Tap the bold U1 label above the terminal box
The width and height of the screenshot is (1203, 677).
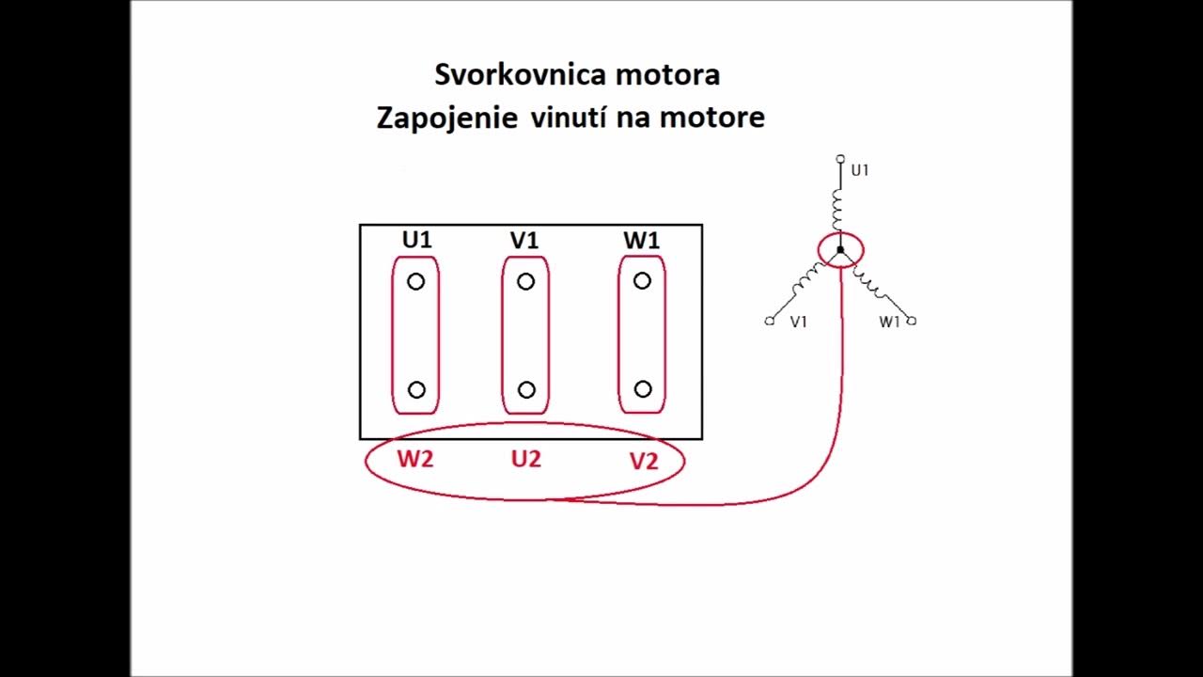pos(416,240)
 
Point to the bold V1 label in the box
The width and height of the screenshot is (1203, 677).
pos(524,241)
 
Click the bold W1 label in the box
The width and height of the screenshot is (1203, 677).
pos(641,241)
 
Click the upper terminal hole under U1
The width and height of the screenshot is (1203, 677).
pos(416,281)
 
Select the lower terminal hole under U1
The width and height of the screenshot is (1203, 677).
pos(416,389)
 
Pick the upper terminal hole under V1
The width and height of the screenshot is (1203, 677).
pos(525,281)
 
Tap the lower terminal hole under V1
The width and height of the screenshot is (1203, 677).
pos(526,389)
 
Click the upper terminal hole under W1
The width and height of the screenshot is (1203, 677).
pos(642,280)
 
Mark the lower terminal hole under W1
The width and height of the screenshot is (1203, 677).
pos(643,388)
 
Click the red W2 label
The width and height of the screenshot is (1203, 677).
pos(415,460)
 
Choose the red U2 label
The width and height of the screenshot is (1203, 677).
pos(526,460)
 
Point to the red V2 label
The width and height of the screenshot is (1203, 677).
pos(644,462)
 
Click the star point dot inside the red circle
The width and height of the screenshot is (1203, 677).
pos(840,250)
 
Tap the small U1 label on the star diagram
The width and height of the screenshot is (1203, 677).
pos(860,171)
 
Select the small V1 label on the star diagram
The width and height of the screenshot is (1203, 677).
pos(799,323)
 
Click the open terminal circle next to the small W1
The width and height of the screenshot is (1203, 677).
pos(912,321)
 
